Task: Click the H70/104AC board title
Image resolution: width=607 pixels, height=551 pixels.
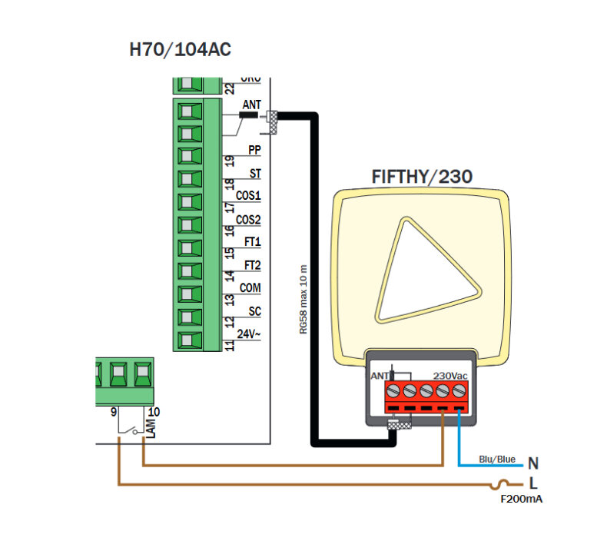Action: pos(180,51)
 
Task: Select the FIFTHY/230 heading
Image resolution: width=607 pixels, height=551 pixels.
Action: pos(422,176)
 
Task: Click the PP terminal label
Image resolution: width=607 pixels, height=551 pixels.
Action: pos(254,151)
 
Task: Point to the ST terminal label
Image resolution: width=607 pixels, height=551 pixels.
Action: pos(254,174)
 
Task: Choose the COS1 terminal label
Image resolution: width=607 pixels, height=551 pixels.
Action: pos(248,197)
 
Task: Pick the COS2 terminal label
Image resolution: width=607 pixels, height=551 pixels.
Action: pos(248,220)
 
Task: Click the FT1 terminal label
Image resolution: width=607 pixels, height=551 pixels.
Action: pos(252,242)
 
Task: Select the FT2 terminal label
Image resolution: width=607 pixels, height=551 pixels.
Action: pos(252,265)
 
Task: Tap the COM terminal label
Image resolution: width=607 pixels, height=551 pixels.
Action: pos(250,288)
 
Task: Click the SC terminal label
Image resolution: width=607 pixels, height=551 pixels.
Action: pos(254,311)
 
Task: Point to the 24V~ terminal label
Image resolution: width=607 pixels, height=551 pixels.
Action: pos(249,334)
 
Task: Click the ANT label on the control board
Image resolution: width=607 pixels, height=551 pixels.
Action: pos(251,105)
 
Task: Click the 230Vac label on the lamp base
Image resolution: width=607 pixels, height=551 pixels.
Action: pos(450,375)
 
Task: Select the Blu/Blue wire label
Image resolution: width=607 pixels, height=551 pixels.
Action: pos(497,459)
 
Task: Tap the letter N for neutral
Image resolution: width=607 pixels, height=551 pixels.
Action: pos(532,463)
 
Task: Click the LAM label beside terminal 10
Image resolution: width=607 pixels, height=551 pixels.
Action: pos(151,427)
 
